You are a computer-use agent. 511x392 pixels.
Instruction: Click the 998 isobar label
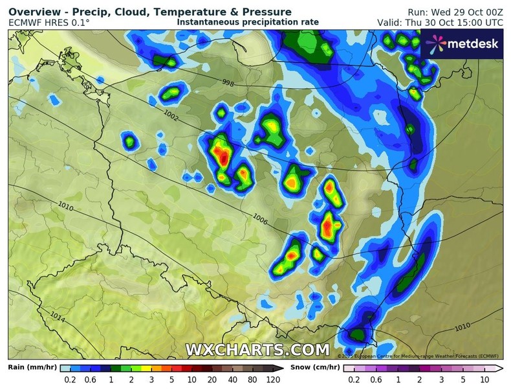point(227,83)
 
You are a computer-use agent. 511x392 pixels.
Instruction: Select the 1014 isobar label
point(57,317)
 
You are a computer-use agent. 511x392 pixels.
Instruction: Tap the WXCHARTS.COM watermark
point(257,350)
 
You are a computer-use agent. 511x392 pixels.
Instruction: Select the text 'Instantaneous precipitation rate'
point(248,22)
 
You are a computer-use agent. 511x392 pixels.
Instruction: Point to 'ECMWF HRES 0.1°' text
point(49,23)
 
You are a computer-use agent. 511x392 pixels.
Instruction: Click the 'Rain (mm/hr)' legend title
point(32,367)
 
